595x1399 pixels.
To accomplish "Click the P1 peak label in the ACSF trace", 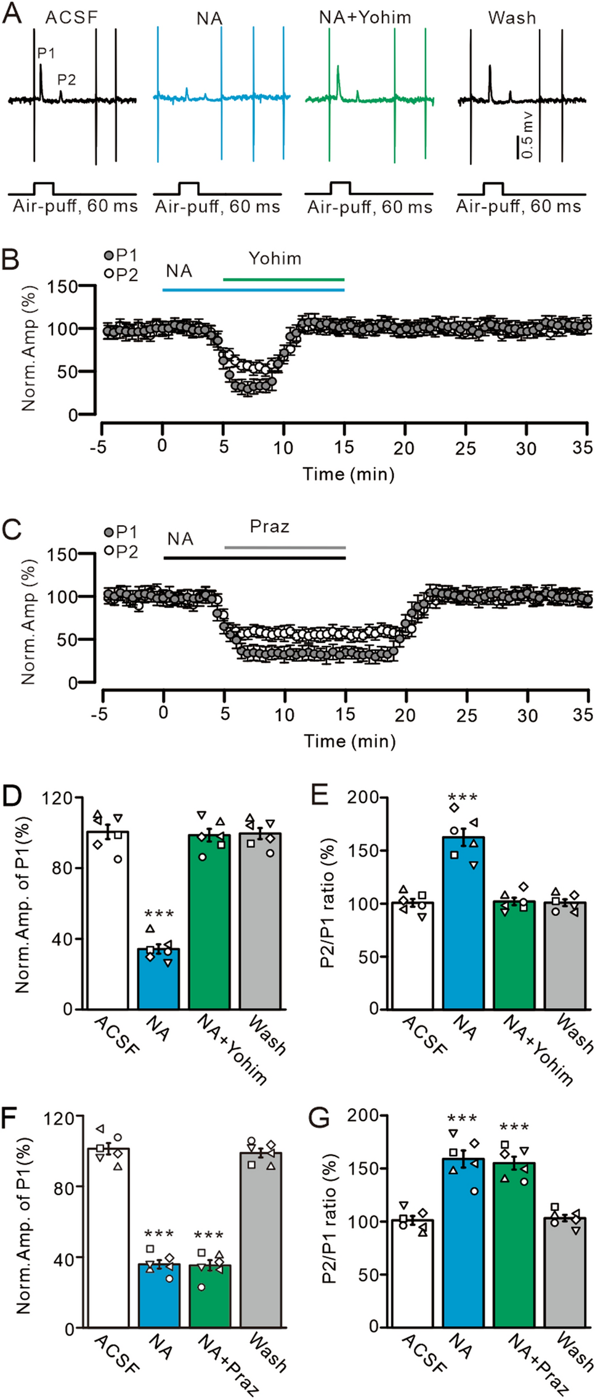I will pyautogui.click(x=46, y=54).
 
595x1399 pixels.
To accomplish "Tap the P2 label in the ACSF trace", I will pyautogui.click(x=67, y=80).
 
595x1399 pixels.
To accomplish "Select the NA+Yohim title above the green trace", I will pyautogui.click(x=365, y=17).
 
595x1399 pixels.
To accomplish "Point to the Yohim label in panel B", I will pyautogui.click(x=275, y=258).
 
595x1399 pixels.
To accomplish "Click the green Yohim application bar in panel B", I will pyautogui.click(x=283, y=280).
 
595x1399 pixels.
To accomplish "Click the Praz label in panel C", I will pyautogui.click(x=270, y=527).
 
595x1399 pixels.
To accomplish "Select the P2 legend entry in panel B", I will pyautogui.click(x=121, y=275).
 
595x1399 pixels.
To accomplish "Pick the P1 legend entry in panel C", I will pyautogui.click(x=121, y=532).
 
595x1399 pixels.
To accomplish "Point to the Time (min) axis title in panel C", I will pyautogui.click(x=349, y=741).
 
